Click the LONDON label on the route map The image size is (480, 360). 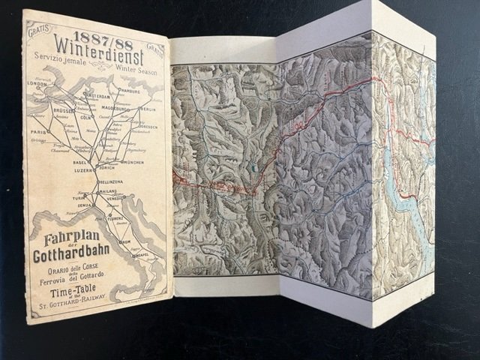[x=37, y=84]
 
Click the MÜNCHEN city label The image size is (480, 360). [x=133, y=161]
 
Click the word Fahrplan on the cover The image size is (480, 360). [x=64, y=242]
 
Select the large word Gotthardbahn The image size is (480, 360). [x=72, y=259]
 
